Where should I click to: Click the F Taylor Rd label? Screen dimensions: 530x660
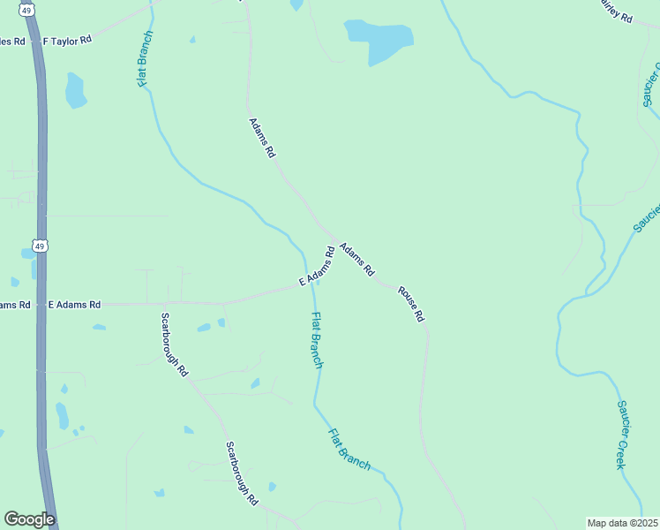point(67,42)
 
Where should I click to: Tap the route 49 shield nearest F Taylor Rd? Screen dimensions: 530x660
point(28,11)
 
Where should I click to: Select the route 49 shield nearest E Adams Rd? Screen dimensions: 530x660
point(39,246)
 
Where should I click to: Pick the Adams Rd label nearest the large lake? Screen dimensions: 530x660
point(262,138)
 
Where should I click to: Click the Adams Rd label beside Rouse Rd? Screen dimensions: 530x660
point(357,261)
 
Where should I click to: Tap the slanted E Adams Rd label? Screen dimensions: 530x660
point(317,266)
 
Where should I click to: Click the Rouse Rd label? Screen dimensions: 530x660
point(412,303)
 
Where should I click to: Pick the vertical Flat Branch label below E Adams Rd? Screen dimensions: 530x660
point(318,340)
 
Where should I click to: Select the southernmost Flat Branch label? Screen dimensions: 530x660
point(349,449)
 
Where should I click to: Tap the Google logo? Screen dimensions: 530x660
point(29,519)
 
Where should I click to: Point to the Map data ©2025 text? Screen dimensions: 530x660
point(623,523)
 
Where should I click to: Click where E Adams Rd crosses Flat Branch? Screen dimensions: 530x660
point(306,280)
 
